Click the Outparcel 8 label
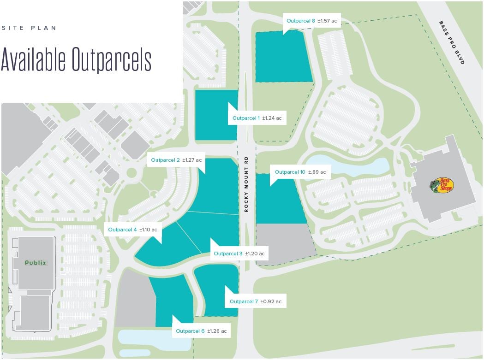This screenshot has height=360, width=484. pyautogui.click(x=311, y=21)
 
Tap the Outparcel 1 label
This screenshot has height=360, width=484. pyautogui.click(x=257, y=118)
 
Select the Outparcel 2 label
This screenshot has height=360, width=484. pyautogui.click(x=176, y=160)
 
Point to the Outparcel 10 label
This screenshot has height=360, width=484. pyautogui.click(x=300, y=172)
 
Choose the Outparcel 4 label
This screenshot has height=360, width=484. pyautogui.click(x=132, y=230)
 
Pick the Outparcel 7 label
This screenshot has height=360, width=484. pyautogui.click(x=255, y=301)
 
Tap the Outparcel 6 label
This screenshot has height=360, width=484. pyautogui.click(x=201, y=331)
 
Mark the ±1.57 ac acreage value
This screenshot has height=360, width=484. pyautogui.click(x=327, y=21)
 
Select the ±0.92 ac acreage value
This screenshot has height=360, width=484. pyautogui.click(x=271, y=301)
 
